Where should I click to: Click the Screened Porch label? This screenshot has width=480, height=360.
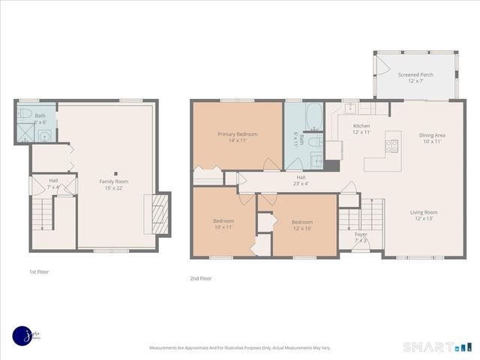click(x=415, y=75)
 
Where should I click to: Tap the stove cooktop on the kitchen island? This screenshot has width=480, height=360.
click(x=392, y=146)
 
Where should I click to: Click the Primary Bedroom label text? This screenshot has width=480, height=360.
click(x=237, y=134)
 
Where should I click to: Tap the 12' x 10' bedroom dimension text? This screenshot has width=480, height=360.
click(x=301, y=228)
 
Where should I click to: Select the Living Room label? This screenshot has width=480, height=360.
click(x=424, y=212)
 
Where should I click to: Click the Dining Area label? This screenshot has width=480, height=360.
click(x=432, y=135)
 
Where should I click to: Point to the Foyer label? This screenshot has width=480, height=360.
click(x=361, y=234)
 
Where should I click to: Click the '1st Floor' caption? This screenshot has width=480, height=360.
click(x=39, y=271)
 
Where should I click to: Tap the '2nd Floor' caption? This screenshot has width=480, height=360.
click(x=200, y=278)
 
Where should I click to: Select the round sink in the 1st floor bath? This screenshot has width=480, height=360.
click(x=44, y=136)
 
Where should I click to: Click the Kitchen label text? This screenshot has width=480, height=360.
click(x=361, y=126)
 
